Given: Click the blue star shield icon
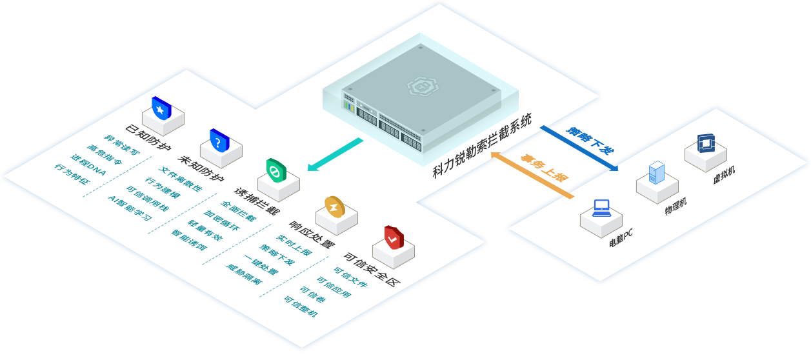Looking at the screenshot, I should [161, 110].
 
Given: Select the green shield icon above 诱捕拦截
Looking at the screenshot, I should [276, 170].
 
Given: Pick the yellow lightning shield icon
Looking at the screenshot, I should [335, 206].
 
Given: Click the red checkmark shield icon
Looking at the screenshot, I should [393, 238].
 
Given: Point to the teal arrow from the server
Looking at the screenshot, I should [335, 155].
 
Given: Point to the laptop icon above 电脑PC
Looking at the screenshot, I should [601, 208].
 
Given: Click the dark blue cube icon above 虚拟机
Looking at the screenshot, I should [706, 143].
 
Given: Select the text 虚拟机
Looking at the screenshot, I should [723, 175].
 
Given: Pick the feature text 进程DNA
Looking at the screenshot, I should [88, 164].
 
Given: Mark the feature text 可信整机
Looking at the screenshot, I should [301, 305].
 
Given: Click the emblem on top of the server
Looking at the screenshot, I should [419, 85].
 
